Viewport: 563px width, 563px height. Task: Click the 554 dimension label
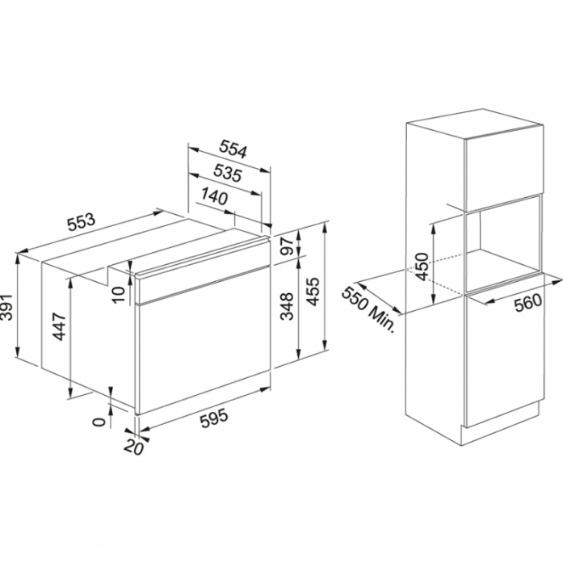(x=233, y=149)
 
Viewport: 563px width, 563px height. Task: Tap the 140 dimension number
(x=214, y=196)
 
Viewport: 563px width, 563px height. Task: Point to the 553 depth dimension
(x=82, y=222)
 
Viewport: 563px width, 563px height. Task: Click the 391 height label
(x=6, y=307)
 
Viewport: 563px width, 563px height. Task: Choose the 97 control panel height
(x=288, y=246)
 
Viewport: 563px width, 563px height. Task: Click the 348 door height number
(x=288, y=306)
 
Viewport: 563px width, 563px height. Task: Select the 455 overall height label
(x=313, y=292)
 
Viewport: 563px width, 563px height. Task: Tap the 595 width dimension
(x=214, y=418)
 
